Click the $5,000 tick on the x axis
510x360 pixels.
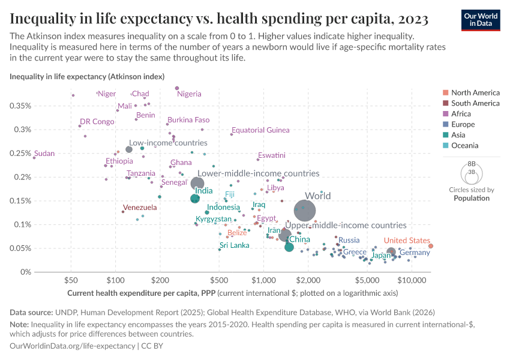point(366,280)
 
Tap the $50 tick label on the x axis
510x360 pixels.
point(71,280)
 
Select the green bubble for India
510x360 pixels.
point(195,199)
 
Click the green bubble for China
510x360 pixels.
point(289,247)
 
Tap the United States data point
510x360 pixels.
point(431,246)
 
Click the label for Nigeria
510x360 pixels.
point(189,94)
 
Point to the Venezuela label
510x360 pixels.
point(140,208)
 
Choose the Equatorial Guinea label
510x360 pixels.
point(260,130)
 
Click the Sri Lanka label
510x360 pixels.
point(234,245)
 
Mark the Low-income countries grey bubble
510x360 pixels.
point(128,149)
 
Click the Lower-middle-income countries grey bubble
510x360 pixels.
point(197,184)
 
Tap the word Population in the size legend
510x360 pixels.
point(472,198)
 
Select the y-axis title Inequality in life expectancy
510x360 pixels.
point(86,77)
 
